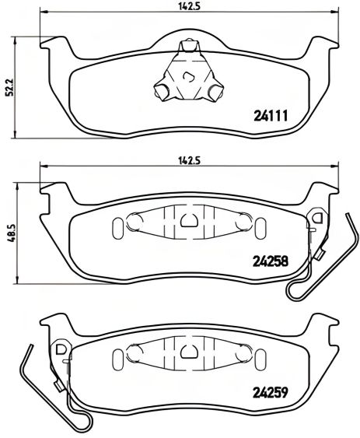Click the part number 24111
point(271,117)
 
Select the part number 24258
point(271,261)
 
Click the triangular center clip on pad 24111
point(187,75)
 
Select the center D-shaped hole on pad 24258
point(187,220)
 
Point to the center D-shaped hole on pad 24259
point(187,352)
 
